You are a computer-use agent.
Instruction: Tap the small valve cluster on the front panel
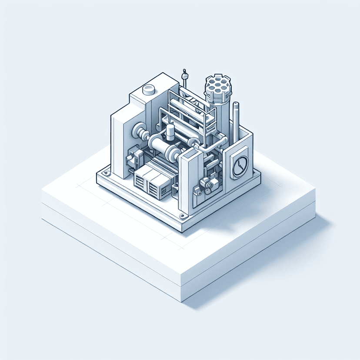pyautogui.click(x=204, y=185)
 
